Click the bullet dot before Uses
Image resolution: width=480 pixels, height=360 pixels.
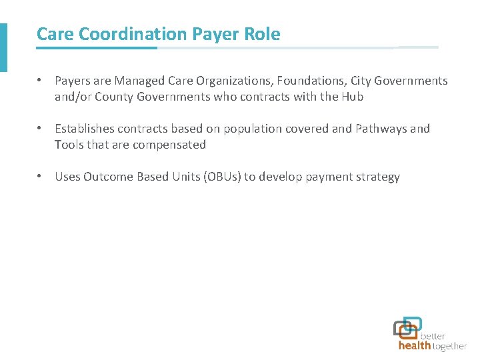click(40, 177)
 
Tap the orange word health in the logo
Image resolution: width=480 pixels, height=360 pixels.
click(414, 346)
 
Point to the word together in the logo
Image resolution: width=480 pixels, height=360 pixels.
click(449, 346)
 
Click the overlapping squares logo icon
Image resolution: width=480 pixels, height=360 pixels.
click(407, 327)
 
